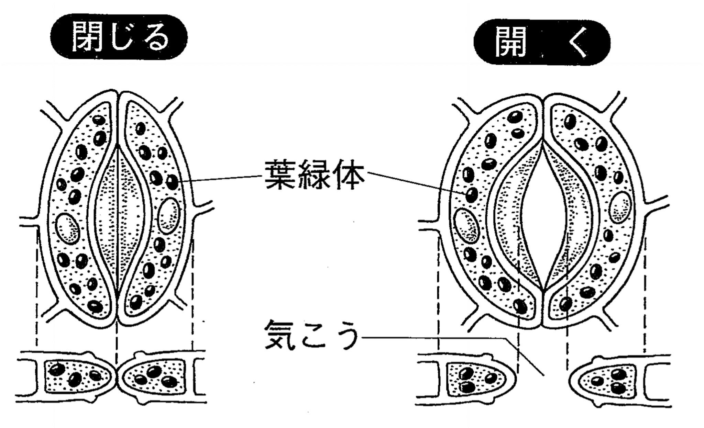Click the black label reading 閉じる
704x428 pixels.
point(119,37)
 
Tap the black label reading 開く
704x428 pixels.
point(542,42)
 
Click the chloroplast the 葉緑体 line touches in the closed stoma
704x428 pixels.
point(172,182)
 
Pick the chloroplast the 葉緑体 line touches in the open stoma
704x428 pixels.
point(471,195)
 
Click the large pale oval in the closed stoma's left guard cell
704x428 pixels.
point(68,228)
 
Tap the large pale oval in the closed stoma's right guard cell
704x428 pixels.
point(169,215)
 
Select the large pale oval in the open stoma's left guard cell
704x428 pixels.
point(466,225)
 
